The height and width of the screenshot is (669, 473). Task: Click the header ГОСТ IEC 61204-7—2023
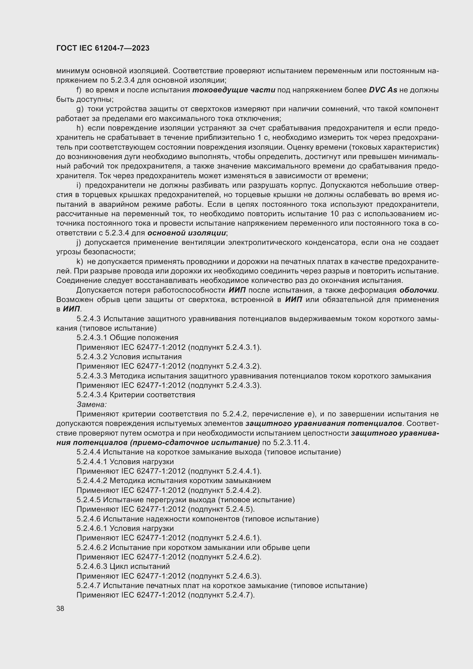pyautogui.click(x=103, y=48)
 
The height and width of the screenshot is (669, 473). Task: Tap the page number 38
pyautogui.click(x=60, y=608)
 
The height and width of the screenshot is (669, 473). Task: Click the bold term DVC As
pyautogui.click(x=383, y=90)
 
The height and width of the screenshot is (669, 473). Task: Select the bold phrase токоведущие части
pyautogui.click(x=234, y=90)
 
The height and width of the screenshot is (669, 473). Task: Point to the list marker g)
pyautogui.click(x=80, y=109)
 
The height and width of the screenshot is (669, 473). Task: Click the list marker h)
pyautogui.click(x=80, y=128)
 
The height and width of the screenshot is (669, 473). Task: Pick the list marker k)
pyautogui.click(x=80, y=262)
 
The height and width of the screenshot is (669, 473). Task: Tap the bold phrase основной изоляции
pyautogui.click(x=187, y=233)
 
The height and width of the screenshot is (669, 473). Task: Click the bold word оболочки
pyautogui.click(x=418, y=290)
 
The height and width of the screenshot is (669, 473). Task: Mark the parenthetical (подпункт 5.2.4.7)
pyautogui.click(x=221, y=595)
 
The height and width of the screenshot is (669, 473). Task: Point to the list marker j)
pyautogui.click(x=79, y=243)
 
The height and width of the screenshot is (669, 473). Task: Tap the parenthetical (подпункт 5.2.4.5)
pyautogui.click(x=221, y=509)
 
